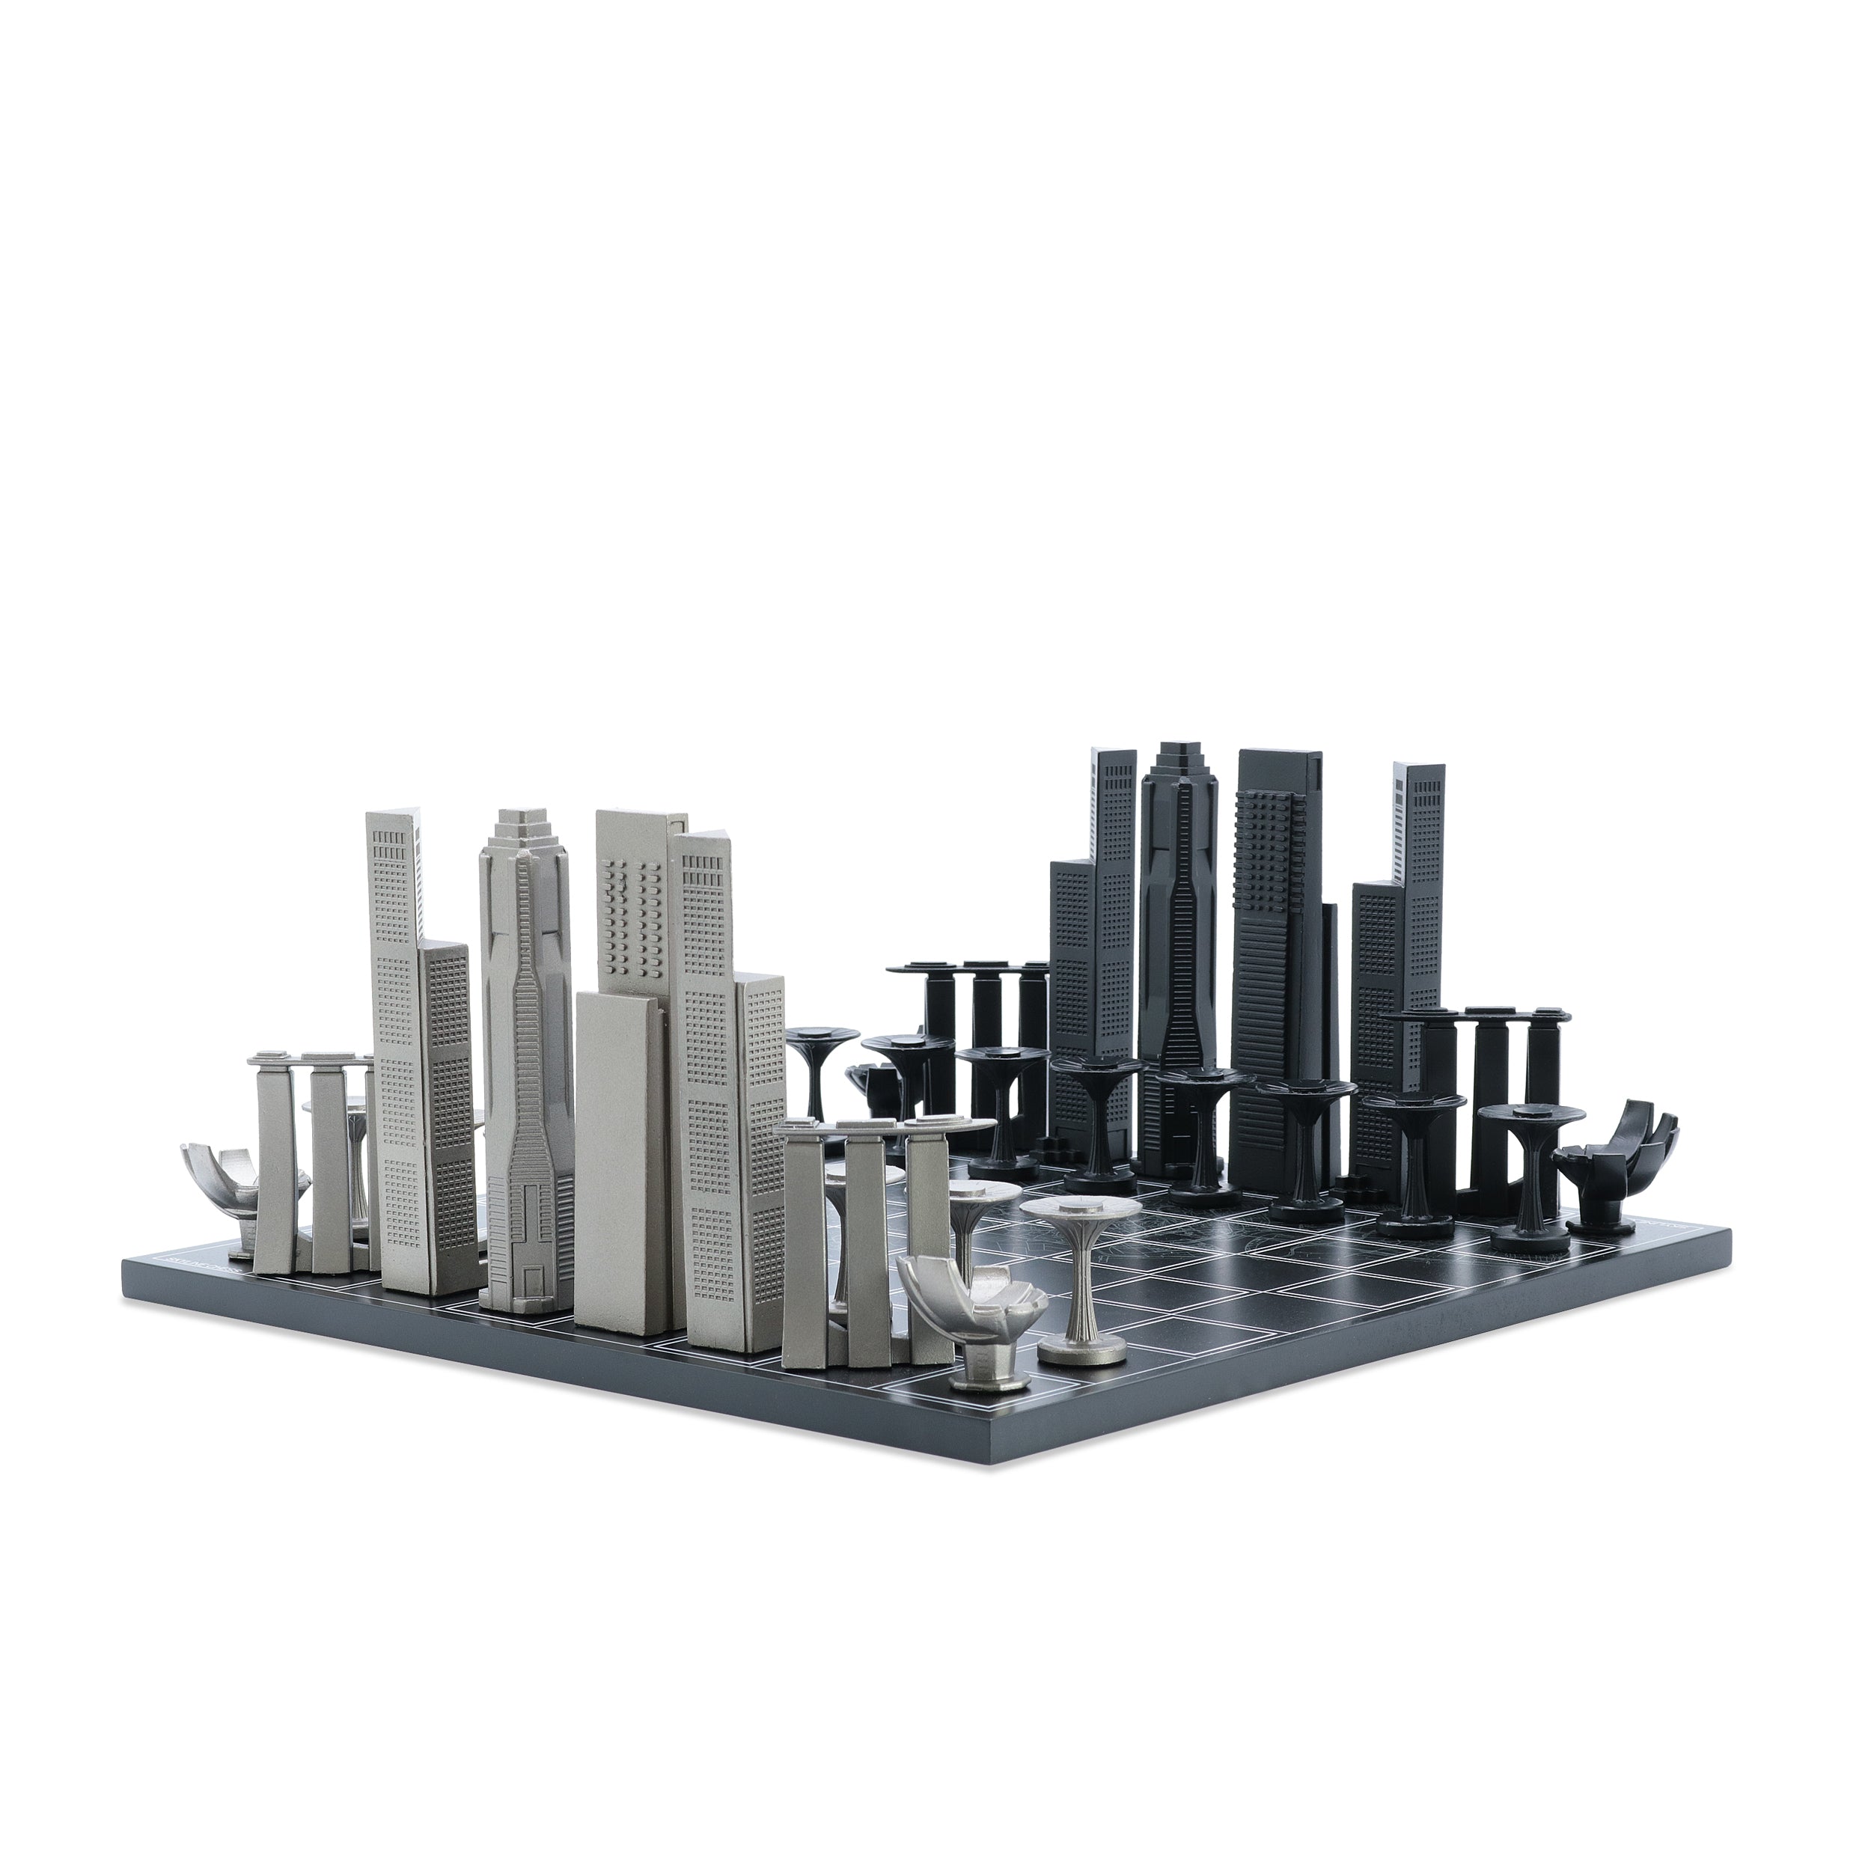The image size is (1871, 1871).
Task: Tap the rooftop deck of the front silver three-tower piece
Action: (891, 1126)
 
